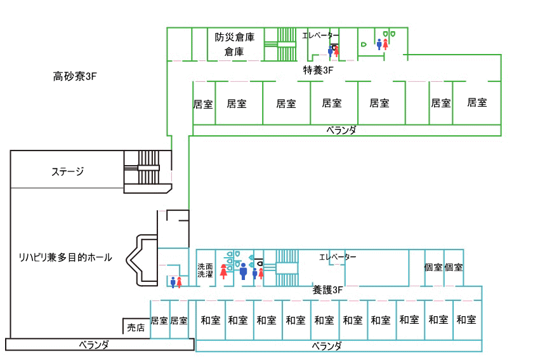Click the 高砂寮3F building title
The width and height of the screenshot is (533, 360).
coord(74,77)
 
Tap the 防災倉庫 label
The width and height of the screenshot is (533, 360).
coord(234,37)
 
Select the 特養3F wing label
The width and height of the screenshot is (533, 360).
coord(318,70)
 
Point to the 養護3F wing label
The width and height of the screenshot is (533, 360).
coord(327,290)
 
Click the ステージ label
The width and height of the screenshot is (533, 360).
coord(68,171)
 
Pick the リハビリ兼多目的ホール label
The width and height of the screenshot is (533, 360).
coord(65,257)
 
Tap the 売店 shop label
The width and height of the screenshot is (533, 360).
coord(136,328)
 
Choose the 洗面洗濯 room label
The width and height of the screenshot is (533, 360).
coord(205,270)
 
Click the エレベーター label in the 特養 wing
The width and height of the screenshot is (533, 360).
coord(320,36)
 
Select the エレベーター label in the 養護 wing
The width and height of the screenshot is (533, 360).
coord(338,257)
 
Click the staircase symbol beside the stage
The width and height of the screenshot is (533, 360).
coord(147,171)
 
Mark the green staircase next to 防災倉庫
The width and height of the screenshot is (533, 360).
coord(280,44)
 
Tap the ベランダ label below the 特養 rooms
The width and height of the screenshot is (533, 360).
coord(341,130)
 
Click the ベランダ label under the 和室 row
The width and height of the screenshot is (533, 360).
coord(327,346)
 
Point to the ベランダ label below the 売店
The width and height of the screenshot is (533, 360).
coord(94,344)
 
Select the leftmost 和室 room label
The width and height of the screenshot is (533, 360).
coord(211,320)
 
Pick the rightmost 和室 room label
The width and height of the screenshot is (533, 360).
coord(466,320)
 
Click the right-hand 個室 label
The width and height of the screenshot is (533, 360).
coord(454,268)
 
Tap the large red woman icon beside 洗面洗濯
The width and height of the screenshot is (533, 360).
coord(223,271)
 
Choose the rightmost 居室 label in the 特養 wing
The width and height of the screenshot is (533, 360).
coord(477,102)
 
